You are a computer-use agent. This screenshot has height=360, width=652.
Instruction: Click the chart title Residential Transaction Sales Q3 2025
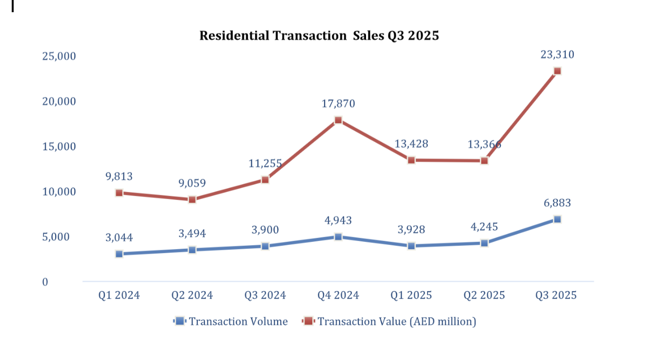pos(319,36)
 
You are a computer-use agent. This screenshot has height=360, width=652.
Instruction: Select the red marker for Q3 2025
pos(557,71)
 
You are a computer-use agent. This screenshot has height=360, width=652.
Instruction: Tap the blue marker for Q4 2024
pos(338,237)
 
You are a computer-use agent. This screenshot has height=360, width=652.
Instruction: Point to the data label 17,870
pos(338,104)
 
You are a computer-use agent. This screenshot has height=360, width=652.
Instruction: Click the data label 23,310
pos(557,55)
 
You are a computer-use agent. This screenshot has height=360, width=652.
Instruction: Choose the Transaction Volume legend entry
pos(231,321)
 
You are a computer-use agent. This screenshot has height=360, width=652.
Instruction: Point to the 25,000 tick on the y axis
pos(59,56)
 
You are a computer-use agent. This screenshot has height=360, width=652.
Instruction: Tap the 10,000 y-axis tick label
pos(59,192)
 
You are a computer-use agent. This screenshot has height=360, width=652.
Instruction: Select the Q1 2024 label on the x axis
pos(119,296)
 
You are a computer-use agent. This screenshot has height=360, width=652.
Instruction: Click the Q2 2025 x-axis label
pos(484,296)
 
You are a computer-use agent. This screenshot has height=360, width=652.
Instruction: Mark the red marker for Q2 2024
pos(192,200)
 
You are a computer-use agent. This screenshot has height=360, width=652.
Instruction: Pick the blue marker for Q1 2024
pos(119,254)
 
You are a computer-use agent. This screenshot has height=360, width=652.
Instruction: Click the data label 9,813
pos(119,177)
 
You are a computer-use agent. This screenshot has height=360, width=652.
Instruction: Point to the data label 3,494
pos(192,234)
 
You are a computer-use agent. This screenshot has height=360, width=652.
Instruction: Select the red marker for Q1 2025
pos(411,160)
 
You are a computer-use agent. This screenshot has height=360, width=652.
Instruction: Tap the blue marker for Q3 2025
pos(557,219)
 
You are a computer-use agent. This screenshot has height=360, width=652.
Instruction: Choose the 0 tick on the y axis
pos(45,282)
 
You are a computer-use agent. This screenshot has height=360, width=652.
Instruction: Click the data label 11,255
pos(265,164)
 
